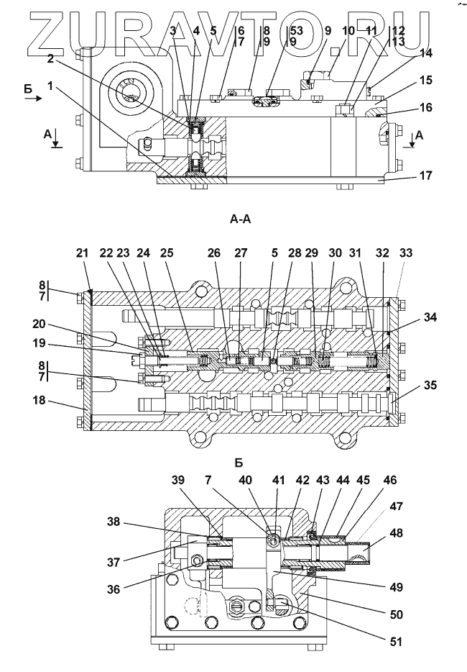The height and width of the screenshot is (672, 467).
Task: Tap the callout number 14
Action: click(x=426, y=73)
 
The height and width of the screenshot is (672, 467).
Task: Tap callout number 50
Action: click(x=395, y=614)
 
